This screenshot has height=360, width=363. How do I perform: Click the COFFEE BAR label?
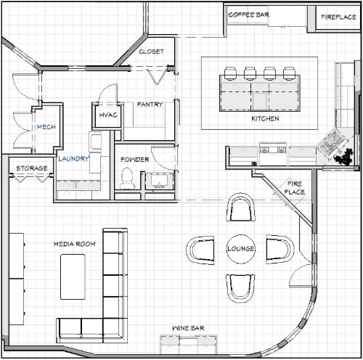pos(249,15)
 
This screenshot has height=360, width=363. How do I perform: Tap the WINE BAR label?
pos(188,328)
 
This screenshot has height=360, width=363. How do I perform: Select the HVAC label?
pos(108,115)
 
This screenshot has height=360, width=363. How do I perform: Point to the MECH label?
pos(46,127)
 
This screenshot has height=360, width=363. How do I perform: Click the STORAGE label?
pos(32,168)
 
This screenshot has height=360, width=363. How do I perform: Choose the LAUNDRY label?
pos(73,159)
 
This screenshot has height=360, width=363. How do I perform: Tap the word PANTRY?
pos(150,105)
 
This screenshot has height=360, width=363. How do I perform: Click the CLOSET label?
pos(151,52)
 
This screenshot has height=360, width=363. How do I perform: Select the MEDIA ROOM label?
pos(75,244)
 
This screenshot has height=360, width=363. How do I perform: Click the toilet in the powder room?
pos(127,178)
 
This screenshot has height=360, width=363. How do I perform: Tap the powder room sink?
pos(159,181)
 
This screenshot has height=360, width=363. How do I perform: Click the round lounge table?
pos(240,249)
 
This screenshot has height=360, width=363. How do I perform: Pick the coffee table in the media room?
pos(73,277)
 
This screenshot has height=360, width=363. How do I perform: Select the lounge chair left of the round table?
pos(200,250)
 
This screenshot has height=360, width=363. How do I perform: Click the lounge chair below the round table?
pos(240,288)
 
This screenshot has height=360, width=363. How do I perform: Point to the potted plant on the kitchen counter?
pos(343,157)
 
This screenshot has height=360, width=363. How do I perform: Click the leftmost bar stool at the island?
pos(230,73)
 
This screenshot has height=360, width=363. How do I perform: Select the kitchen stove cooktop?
pos(273,150)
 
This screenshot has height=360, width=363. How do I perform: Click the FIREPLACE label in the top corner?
pos(338,17)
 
